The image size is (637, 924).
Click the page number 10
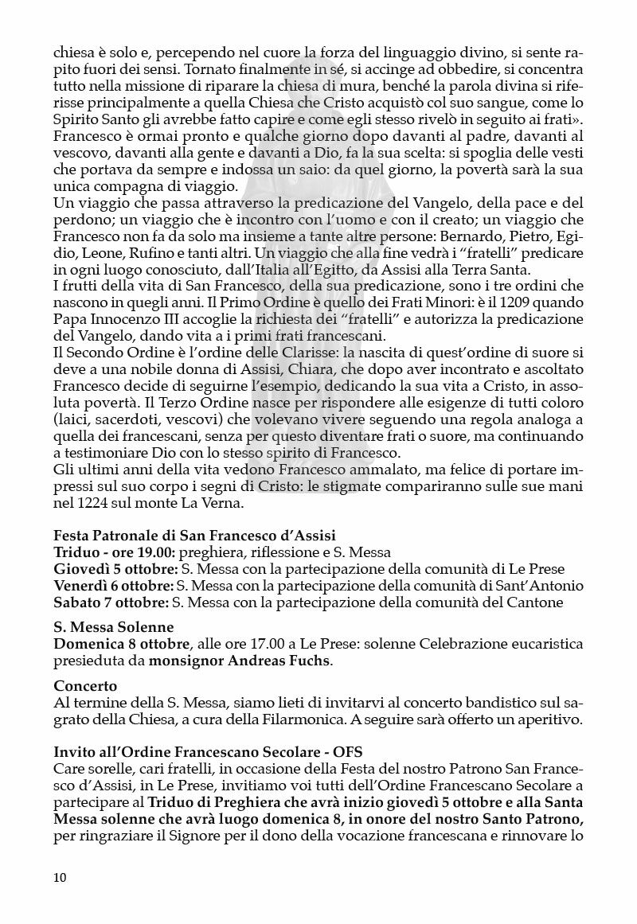pyautogui.click(x=61, y=877)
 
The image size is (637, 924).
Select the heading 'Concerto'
pyautogui.click(x=85, y=685)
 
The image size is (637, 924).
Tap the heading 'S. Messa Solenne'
pyautogui.click(x=113, y=627)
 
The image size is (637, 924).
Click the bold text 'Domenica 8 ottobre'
pyautogui.click(x=122, y=643)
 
